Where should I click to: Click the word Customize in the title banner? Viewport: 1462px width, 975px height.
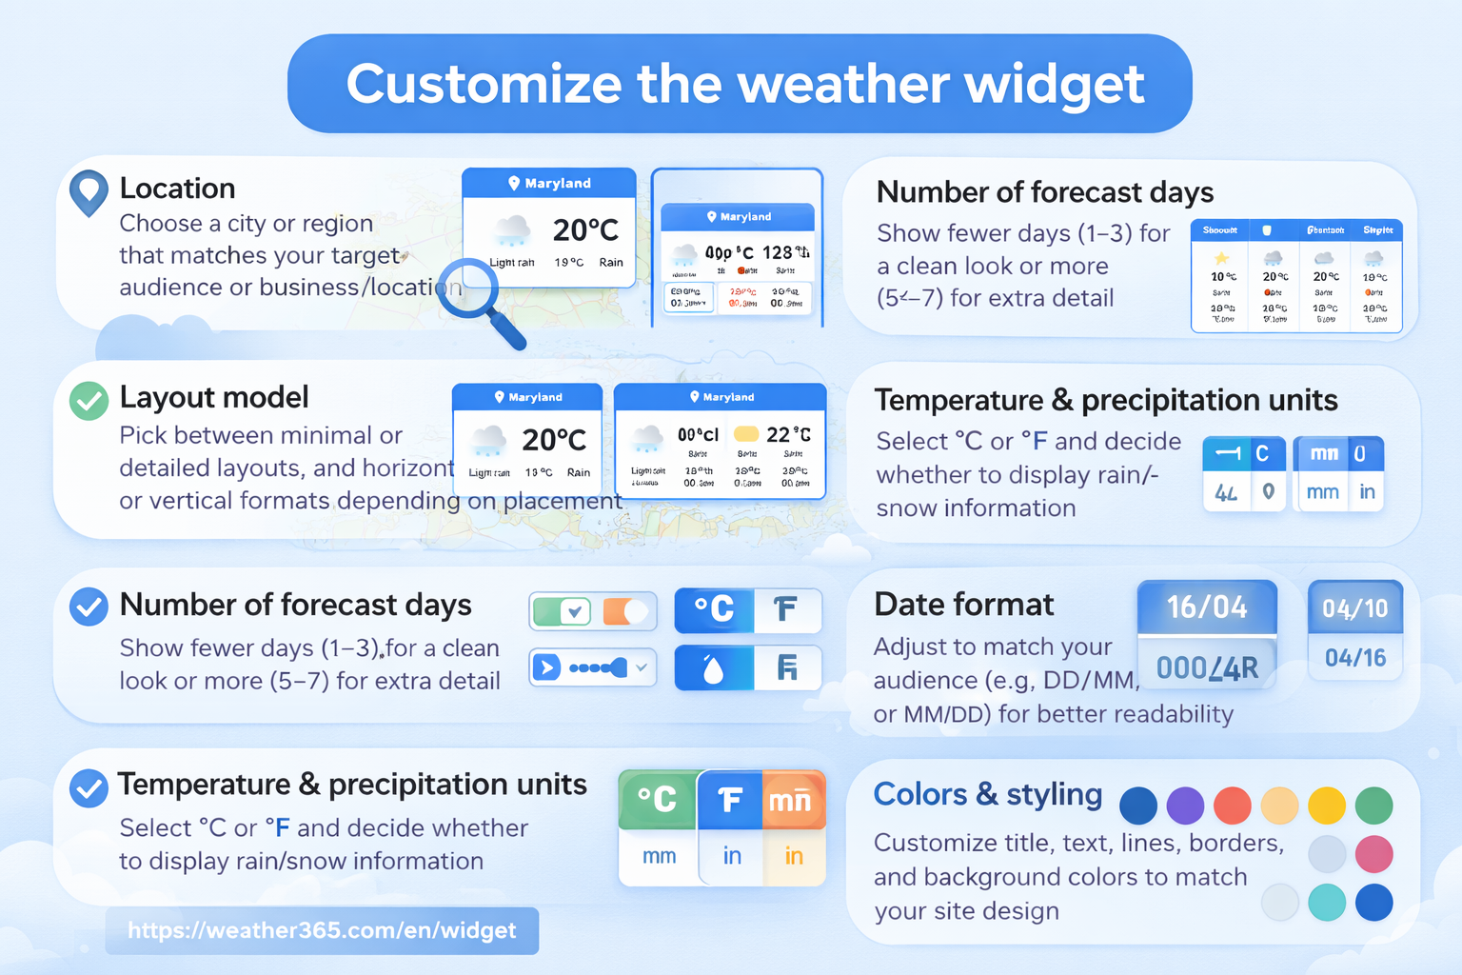click(x=483, y=84)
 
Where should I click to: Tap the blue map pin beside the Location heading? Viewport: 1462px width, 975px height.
click(x=89, y=190)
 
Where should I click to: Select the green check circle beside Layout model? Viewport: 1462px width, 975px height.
click(x=89, y=401)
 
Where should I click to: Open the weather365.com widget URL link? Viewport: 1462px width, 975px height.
click(x=322, y=930)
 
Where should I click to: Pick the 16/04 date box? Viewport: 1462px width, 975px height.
click(x=1207, y=607)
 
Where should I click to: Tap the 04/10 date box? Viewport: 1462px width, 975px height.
click(x=1354, y=608)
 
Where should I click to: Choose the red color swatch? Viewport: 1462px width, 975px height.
click(x=1232, y=806)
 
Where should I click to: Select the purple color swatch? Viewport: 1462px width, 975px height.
click(x=1185, y=806)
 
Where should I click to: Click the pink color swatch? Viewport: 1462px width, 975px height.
click(x=1373, y=854)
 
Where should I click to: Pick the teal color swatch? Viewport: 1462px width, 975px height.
click(x=1326, y=903)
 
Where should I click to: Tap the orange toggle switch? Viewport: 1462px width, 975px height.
click(x=626, y=611)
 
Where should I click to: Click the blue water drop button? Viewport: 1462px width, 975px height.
click(x=714, y=668)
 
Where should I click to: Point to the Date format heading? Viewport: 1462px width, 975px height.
click(x=963, y=605)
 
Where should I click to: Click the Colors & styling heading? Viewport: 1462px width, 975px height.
click(x=987, y=794)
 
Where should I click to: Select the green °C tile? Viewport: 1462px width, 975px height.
click(x=658, y=799)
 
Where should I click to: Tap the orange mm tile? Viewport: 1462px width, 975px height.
click(x=790, y=800)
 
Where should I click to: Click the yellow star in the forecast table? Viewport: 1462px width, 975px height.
click(x=1222, y=258)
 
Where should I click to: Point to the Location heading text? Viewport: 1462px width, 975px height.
click(x=177, y=189)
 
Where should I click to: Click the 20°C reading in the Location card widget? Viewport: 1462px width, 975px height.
click(x=585, y=229)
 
